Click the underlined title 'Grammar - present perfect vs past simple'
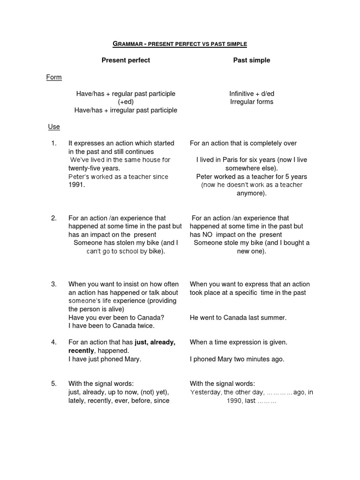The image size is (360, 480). [180, 44]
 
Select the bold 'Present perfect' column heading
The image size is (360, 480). [126, 60]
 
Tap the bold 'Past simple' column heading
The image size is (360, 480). [252, 60]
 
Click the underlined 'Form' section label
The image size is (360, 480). [54, 77]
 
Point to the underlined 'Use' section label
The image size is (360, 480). [54, 127]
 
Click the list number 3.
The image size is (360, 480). [54, 284]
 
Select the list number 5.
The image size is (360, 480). [54, 383]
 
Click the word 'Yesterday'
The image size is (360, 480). [205, 392]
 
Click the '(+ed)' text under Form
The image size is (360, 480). [126, 102]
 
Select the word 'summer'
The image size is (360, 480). [274, 317]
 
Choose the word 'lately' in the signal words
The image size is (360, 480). [76, 401]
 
